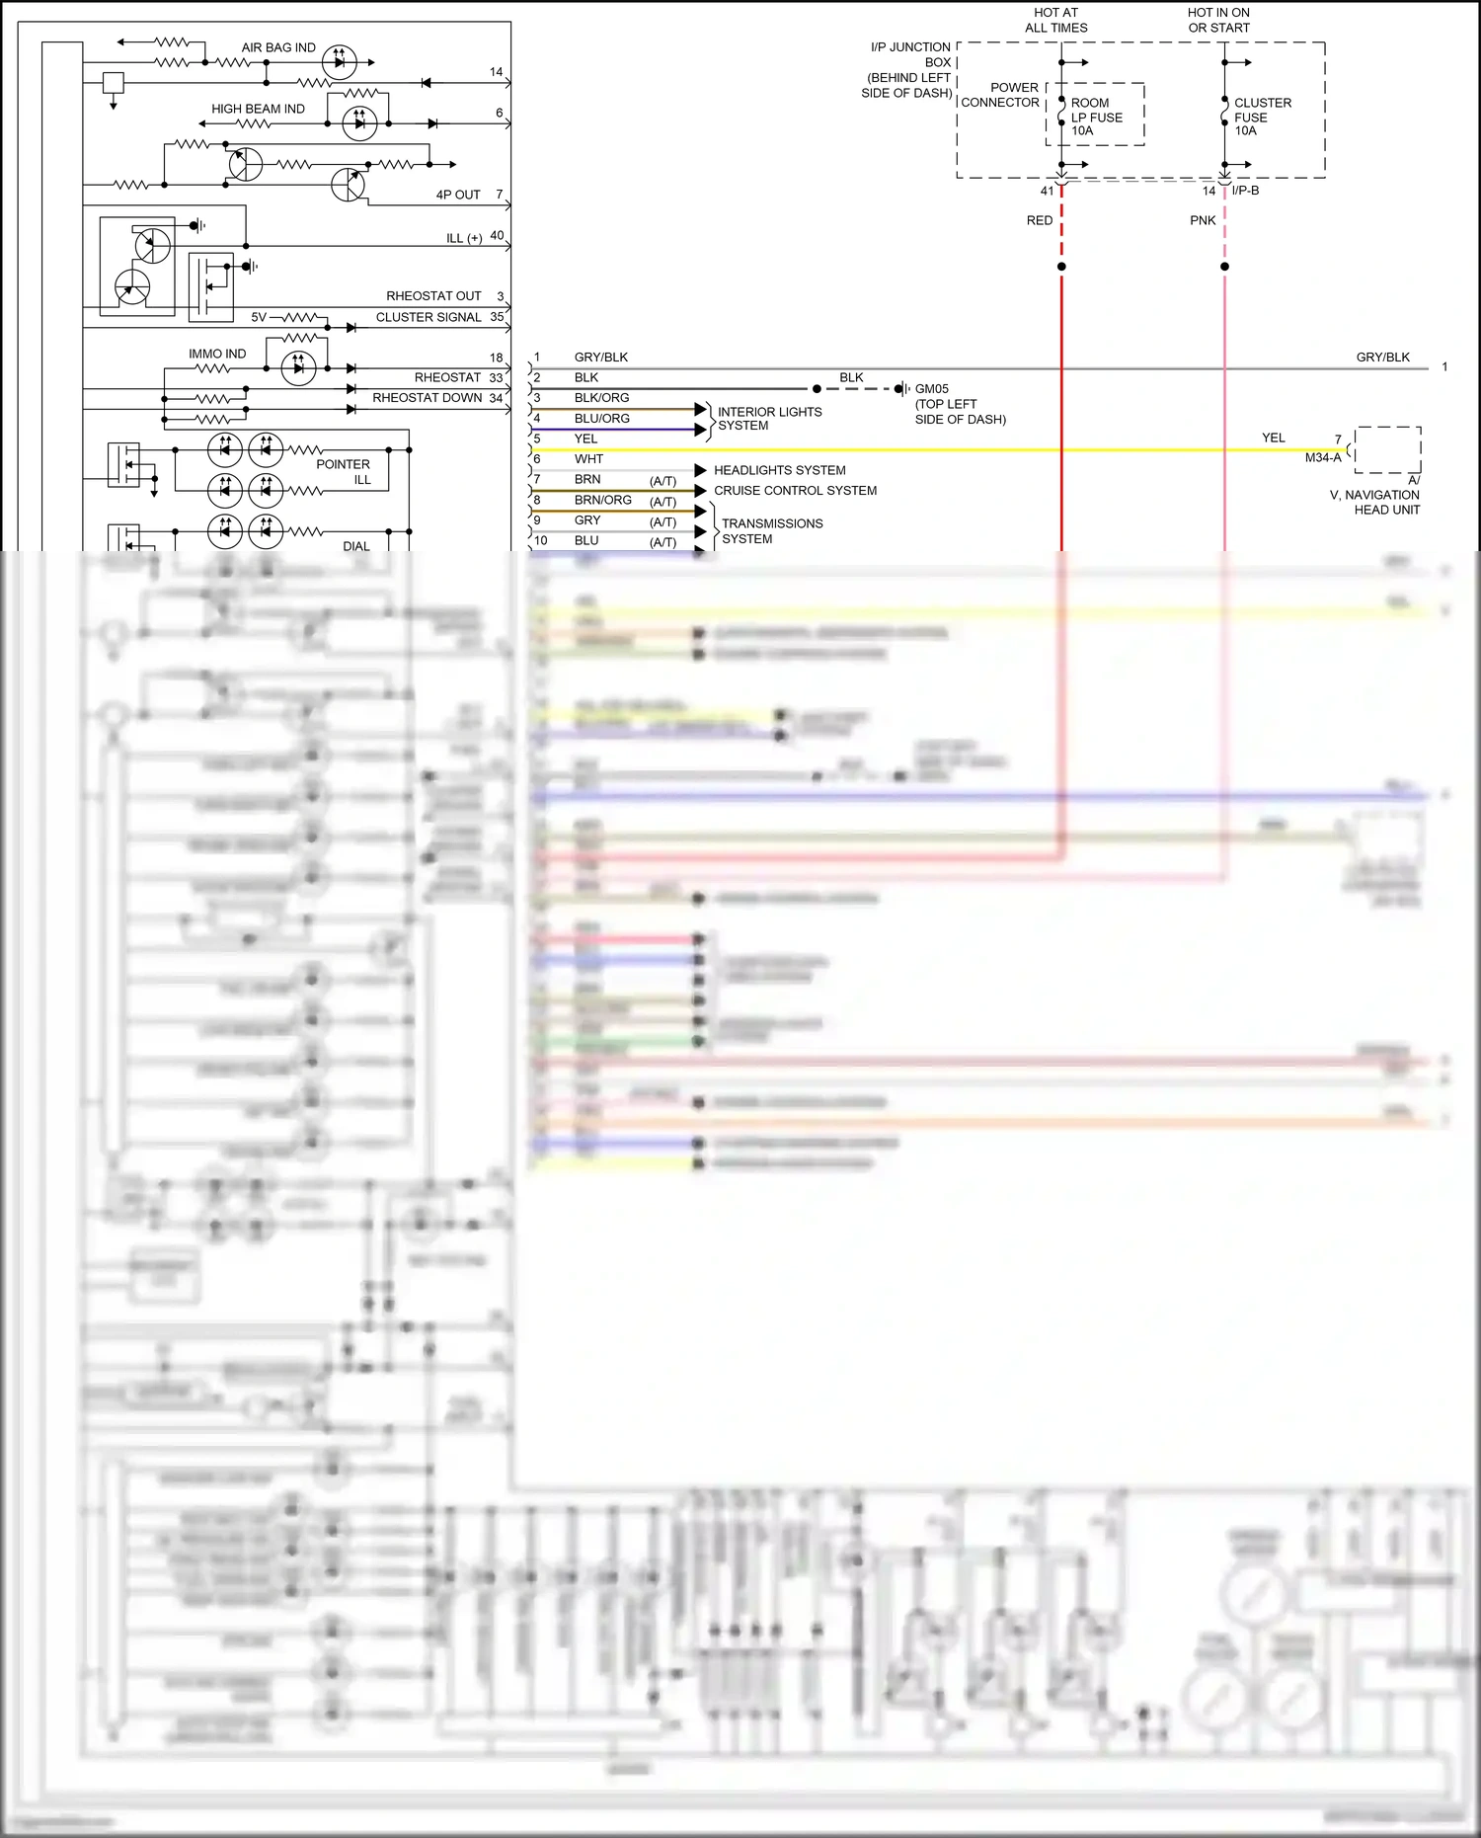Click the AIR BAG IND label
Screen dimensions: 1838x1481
pos(278,47)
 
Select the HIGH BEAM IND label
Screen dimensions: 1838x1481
pos(258,109)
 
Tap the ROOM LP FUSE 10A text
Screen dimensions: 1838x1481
pos(1096,117)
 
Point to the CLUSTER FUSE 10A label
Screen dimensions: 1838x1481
pos(1262,117)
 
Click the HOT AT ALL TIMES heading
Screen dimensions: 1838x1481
pos(1055,20)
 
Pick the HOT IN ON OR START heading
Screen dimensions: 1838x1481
pos(1218,20)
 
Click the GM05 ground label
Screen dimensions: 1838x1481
pos(931,389)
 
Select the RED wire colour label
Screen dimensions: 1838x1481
pos(1039,220)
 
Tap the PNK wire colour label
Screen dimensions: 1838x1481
pos(1202,220)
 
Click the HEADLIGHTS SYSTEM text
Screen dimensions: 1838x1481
pos(779,470)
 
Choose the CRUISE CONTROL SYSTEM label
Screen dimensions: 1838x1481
pos(795,491)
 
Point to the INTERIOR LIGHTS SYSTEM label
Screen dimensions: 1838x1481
pos(768,419)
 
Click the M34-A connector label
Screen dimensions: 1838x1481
pos(1322,457)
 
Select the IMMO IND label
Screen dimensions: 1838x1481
pos(217,354)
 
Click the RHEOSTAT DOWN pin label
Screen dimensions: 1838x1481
pos(427,398)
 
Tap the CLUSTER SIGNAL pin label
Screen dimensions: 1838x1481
pos(428,317)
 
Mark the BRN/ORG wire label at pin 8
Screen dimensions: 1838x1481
pos(602,501)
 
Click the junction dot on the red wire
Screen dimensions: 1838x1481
pos(1061,267)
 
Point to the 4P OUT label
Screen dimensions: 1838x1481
pos(458,195)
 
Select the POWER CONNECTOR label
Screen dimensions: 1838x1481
pos(1000,95)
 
